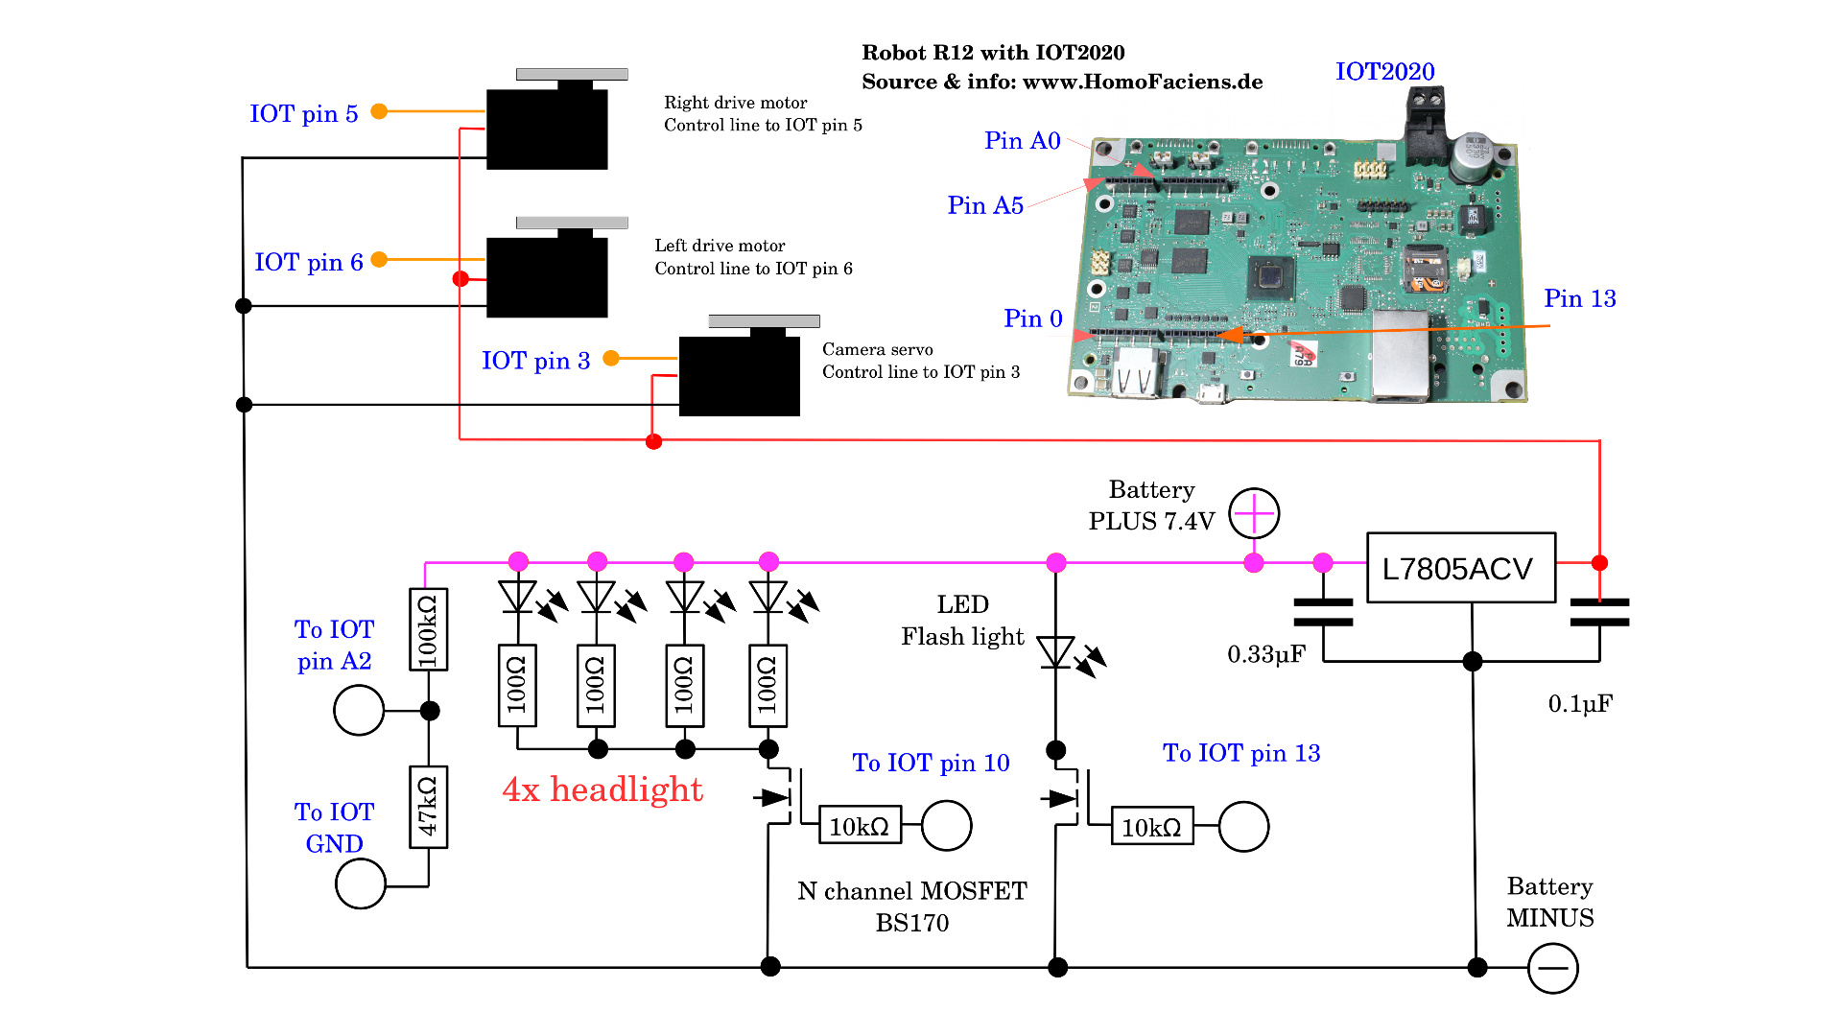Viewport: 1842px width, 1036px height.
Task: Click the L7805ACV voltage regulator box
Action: coord(1460,568)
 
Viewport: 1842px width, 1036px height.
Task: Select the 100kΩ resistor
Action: coord(428,629)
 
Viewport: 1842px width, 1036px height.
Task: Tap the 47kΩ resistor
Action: coord(428,807)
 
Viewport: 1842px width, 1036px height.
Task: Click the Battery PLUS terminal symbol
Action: coord(1254,513)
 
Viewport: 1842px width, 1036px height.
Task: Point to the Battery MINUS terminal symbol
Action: coord(1552,968)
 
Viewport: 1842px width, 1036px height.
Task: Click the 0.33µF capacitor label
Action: coord(1266,654)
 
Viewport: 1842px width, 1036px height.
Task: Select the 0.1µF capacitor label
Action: coord(1580,704)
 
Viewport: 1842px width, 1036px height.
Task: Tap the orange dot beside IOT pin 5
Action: coord(379,111)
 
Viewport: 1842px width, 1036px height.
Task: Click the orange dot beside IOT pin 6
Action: coord(379,259)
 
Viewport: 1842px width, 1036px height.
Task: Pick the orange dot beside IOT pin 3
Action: coord(610,358)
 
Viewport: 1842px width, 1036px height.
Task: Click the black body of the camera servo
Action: coord(739,376)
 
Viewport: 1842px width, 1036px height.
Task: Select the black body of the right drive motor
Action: coord(547,129)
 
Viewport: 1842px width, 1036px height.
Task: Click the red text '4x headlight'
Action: coord(602,789)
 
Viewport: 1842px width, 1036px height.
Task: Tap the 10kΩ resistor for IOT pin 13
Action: coord(1151,827)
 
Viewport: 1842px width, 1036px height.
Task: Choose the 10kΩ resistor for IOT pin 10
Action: coord(860,826)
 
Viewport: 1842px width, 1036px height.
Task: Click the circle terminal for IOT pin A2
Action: coord(359,710)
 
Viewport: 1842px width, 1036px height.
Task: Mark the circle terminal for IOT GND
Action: coord(361,883)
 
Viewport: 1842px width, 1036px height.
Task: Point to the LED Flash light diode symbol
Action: coord(1056,652)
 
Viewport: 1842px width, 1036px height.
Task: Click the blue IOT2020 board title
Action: coord(1384,72)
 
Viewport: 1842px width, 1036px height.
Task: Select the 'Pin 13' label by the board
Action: coord(1579,298)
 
